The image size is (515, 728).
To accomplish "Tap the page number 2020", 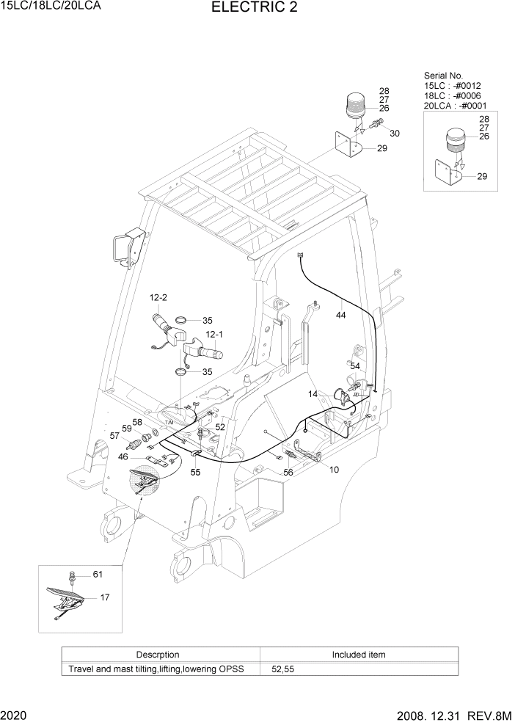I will [x=15, y=714].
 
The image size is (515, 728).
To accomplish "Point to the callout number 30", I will [x=395, y=134].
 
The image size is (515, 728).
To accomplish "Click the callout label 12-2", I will [x=158, y=297].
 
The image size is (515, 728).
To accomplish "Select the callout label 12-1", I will [x=214, y=334].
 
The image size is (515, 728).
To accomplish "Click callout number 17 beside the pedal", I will [x=105, y=597].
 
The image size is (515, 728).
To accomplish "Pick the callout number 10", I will [x=334, y=469].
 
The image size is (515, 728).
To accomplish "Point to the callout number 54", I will [x=354, y=365].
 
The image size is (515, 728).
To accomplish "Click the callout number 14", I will [x=313, y=395].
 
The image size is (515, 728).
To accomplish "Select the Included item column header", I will [x=358, y=654].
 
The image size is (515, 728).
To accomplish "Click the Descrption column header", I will [x=158, y=654].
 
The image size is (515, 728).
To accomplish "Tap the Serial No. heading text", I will [x=444, y=76].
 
